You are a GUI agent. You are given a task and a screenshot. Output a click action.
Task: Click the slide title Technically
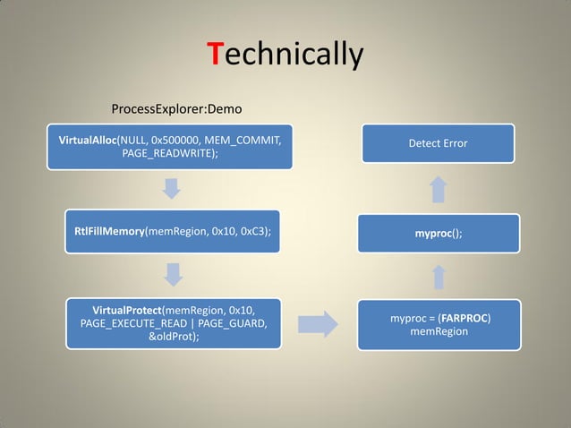[285, 55]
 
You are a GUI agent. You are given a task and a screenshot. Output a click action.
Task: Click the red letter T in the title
[214, 55]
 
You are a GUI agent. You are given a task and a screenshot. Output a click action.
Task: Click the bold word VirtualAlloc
[88, 141]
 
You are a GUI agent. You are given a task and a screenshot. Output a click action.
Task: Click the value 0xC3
[251, 231]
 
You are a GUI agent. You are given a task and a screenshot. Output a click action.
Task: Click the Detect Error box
[438, 143]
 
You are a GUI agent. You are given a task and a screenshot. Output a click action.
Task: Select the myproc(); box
[438, 234]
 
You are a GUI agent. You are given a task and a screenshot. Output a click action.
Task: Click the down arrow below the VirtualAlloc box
[173, 189]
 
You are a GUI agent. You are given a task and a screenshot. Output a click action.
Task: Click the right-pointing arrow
[317, 324]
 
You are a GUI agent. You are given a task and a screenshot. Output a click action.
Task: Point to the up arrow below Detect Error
[438, 189]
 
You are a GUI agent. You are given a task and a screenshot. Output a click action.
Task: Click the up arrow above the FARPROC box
[438, 277]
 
